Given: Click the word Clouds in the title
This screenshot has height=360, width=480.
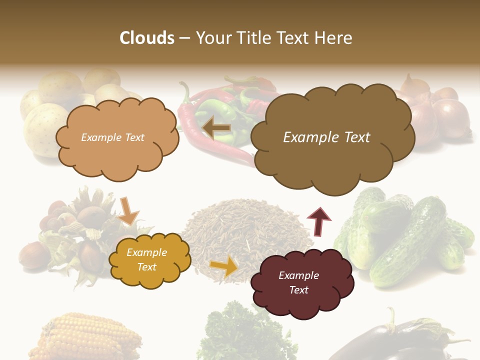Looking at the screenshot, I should click(147, 38).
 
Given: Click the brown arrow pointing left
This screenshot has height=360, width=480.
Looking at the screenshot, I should click(217, 128).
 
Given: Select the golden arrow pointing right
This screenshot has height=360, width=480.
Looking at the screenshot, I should click(224, 266).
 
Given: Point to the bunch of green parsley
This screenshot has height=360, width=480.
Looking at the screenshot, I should click(245, 335).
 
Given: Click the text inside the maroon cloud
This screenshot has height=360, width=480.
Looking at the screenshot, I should click(299, 282).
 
